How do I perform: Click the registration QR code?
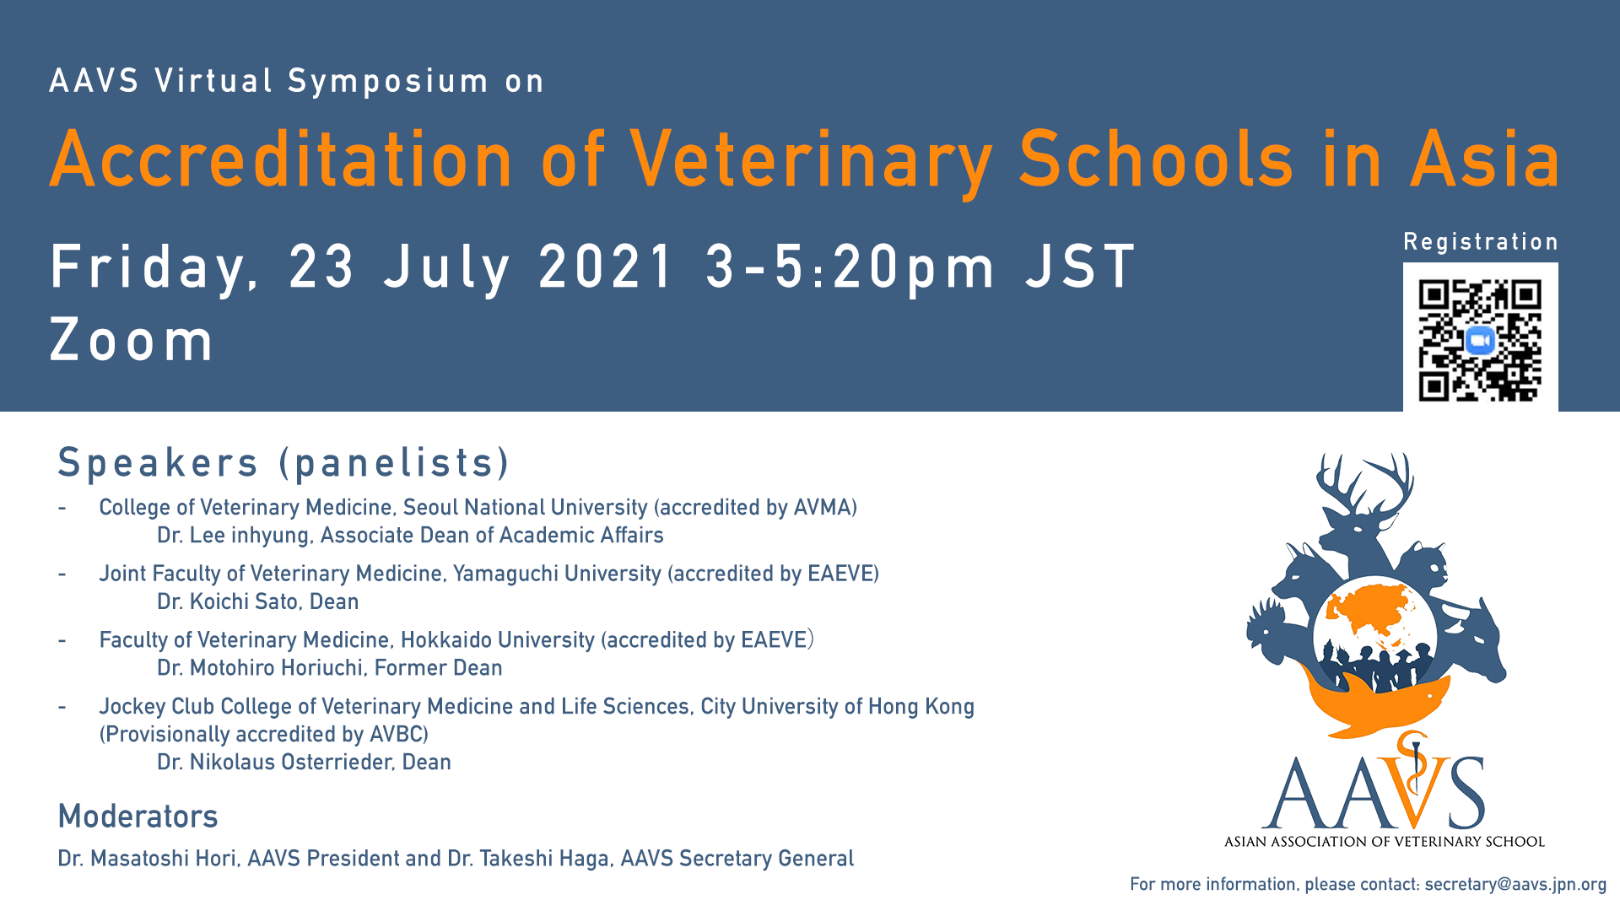tap(1480, 341)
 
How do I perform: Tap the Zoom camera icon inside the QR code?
tap(1480, 341)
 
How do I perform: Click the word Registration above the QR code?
tap(1481, 242)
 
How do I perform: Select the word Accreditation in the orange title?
tap(281, 159)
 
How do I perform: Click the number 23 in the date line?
tap(321, 267)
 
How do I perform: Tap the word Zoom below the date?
tap(132, 342)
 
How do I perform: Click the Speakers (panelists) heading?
tap(283, 463)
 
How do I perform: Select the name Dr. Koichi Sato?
tap(228, 601)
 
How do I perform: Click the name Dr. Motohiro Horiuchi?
tap(261, 667)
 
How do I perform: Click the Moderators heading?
tap(138, 817)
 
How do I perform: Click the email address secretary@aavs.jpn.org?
tap(1515, 884)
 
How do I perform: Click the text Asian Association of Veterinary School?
tap(1384, 841)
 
